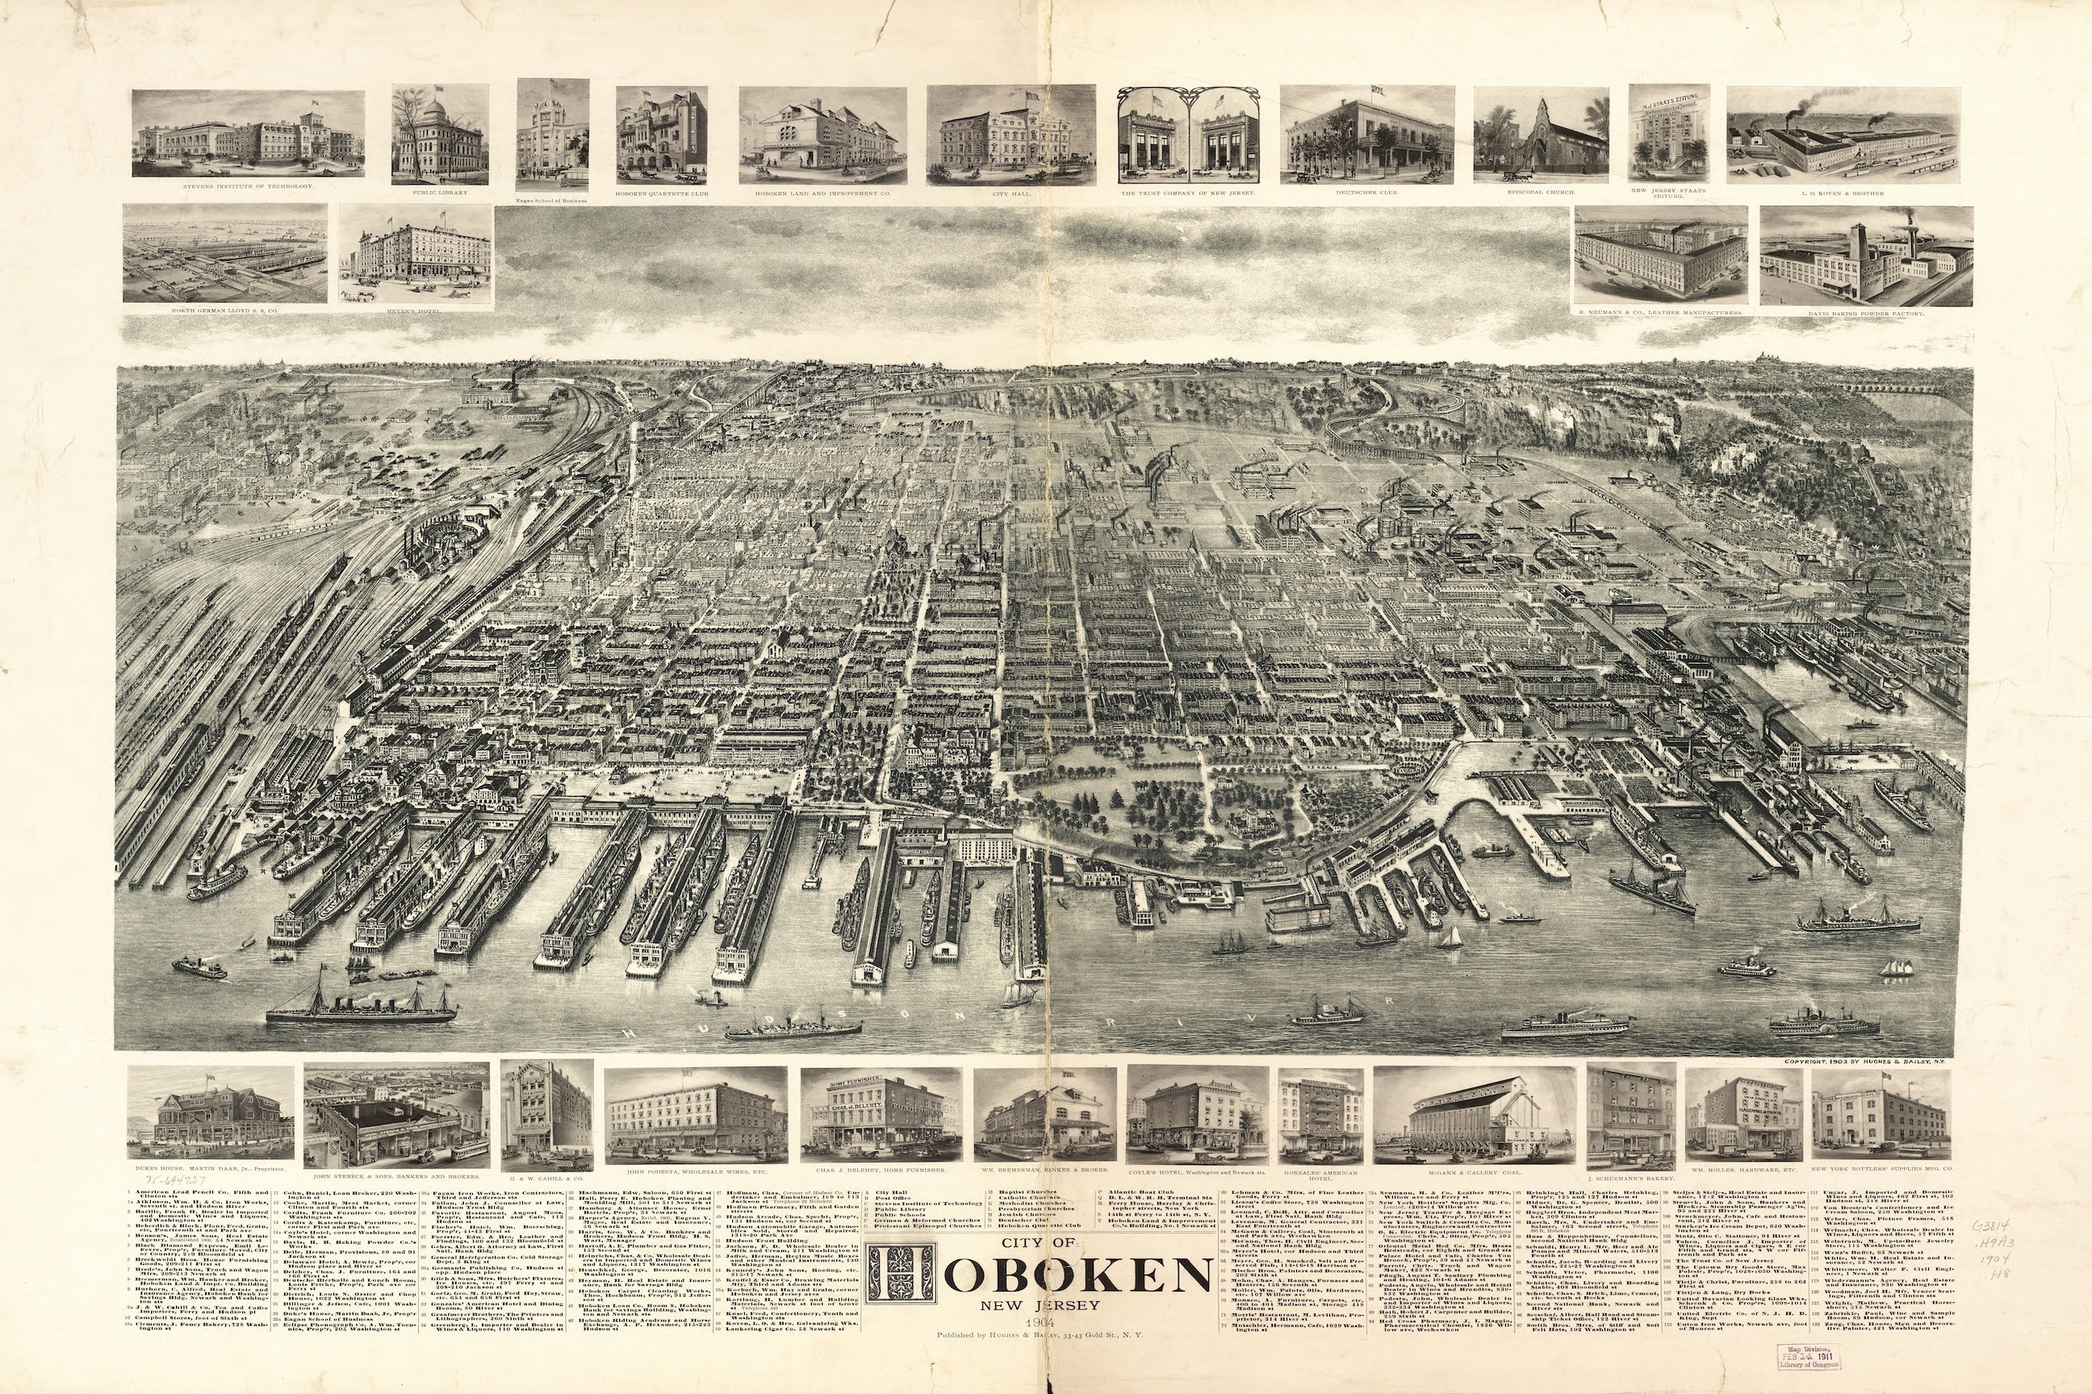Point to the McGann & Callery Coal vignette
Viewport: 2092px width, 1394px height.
tap(1474, 1116)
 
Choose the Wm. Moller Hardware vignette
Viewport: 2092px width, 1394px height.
tap(1743, 1116)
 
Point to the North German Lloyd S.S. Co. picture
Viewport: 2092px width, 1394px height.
tap(224, 253)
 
